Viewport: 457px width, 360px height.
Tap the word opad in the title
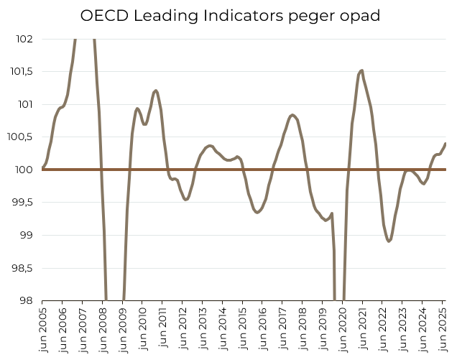[x=358, y=15]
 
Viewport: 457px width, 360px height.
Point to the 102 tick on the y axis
[x=24, y=39]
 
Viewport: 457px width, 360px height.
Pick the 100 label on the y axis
[x=24, y=170]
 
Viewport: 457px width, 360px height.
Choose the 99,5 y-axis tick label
[x=22, y=203]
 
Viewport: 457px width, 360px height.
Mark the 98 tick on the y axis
[x=26, y=300]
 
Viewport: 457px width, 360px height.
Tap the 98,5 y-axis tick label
[x=22, y=268]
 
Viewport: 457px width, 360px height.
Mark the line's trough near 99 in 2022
[x=389, y=241]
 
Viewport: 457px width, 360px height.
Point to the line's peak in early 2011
[x=155, y=91]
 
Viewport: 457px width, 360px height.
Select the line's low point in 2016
[x=257, y=212]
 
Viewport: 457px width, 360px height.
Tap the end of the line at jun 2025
[x=446, y=143]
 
